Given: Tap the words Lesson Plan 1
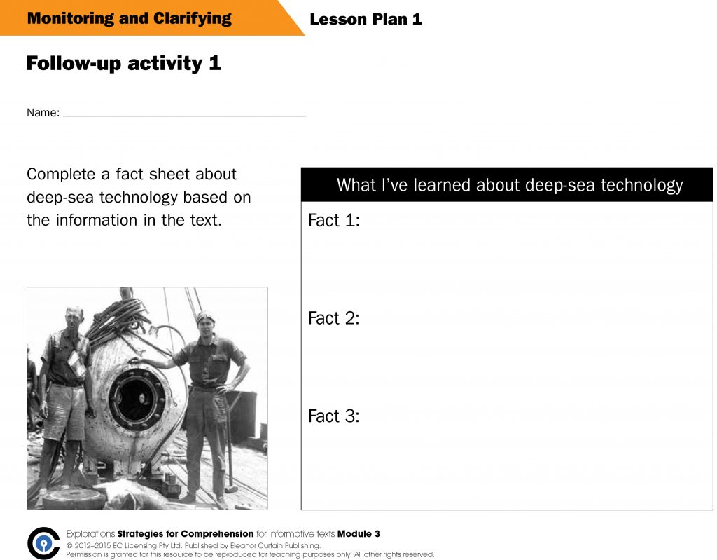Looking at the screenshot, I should coord(366,19).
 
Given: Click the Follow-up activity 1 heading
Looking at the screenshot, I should coord(123,64).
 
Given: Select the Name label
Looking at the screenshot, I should coord(43,113).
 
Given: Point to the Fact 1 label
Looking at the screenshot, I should coord(334,221).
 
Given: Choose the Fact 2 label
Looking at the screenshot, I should coord(334,318).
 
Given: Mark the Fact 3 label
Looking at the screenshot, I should coord(334,416).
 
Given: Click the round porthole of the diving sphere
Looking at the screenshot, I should coord(137,398).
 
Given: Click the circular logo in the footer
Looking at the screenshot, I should coord(43,543).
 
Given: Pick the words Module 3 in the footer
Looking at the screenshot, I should coord(358,534).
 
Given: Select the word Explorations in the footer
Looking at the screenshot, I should coord(90,534).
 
